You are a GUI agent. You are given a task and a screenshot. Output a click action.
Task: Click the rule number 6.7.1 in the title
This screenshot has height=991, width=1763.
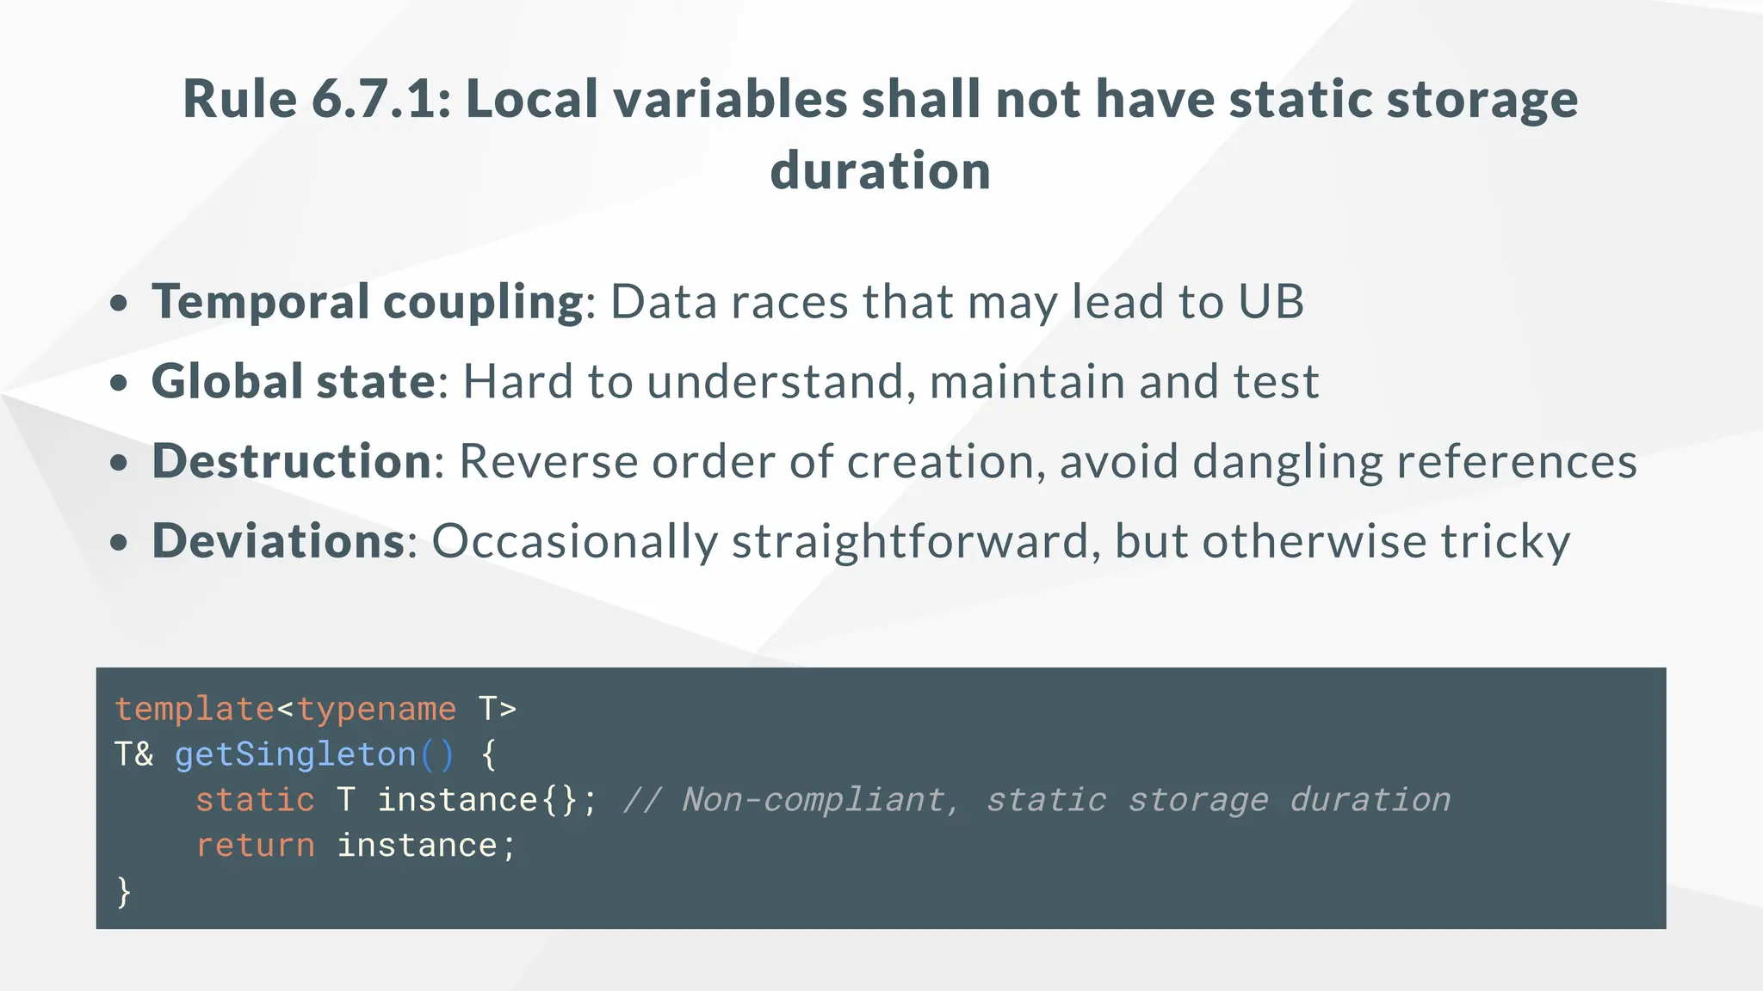click(380, 99)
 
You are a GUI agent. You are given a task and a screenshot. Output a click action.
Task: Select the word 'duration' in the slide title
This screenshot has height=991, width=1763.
click(880, 170)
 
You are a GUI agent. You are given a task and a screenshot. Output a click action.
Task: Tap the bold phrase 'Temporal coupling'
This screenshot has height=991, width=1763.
click(368, 302)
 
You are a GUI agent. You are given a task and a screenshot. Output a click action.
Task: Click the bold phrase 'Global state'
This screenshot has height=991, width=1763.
click(294, 382)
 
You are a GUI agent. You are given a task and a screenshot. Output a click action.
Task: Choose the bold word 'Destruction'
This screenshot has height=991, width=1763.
click(291, 461)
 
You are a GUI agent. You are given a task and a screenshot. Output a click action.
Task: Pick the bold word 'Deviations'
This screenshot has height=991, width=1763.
click(278, 541)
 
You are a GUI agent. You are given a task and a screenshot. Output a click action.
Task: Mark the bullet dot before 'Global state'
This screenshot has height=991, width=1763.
click(120, 383)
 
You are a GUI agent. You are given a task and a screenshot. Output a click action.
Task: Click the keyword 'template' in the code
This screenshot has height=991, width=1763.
click(195, 710)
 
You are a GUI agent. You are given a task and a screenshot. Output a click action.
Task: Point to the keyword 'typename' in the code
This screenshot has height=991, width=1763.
click(376, 710)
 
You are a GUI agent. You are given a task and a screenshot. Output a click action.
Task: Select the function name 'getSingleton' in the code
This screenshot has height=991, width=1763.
click(295, 755)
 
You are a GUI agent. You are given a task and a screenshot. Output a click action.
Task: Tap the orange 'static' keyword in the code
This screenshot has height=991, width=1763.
click(255, 801)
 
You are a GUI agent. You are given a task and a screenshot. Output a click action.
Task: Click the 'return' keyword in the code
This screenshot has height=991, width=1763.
click(255, 846)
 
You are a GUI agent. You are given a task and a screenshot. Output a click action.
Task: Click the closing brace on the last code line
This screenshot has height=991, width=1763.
click(124, 892)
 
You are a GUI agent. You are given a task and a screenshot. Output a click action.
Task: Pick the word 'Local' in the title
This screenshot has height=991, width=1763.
click(531, 99)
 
